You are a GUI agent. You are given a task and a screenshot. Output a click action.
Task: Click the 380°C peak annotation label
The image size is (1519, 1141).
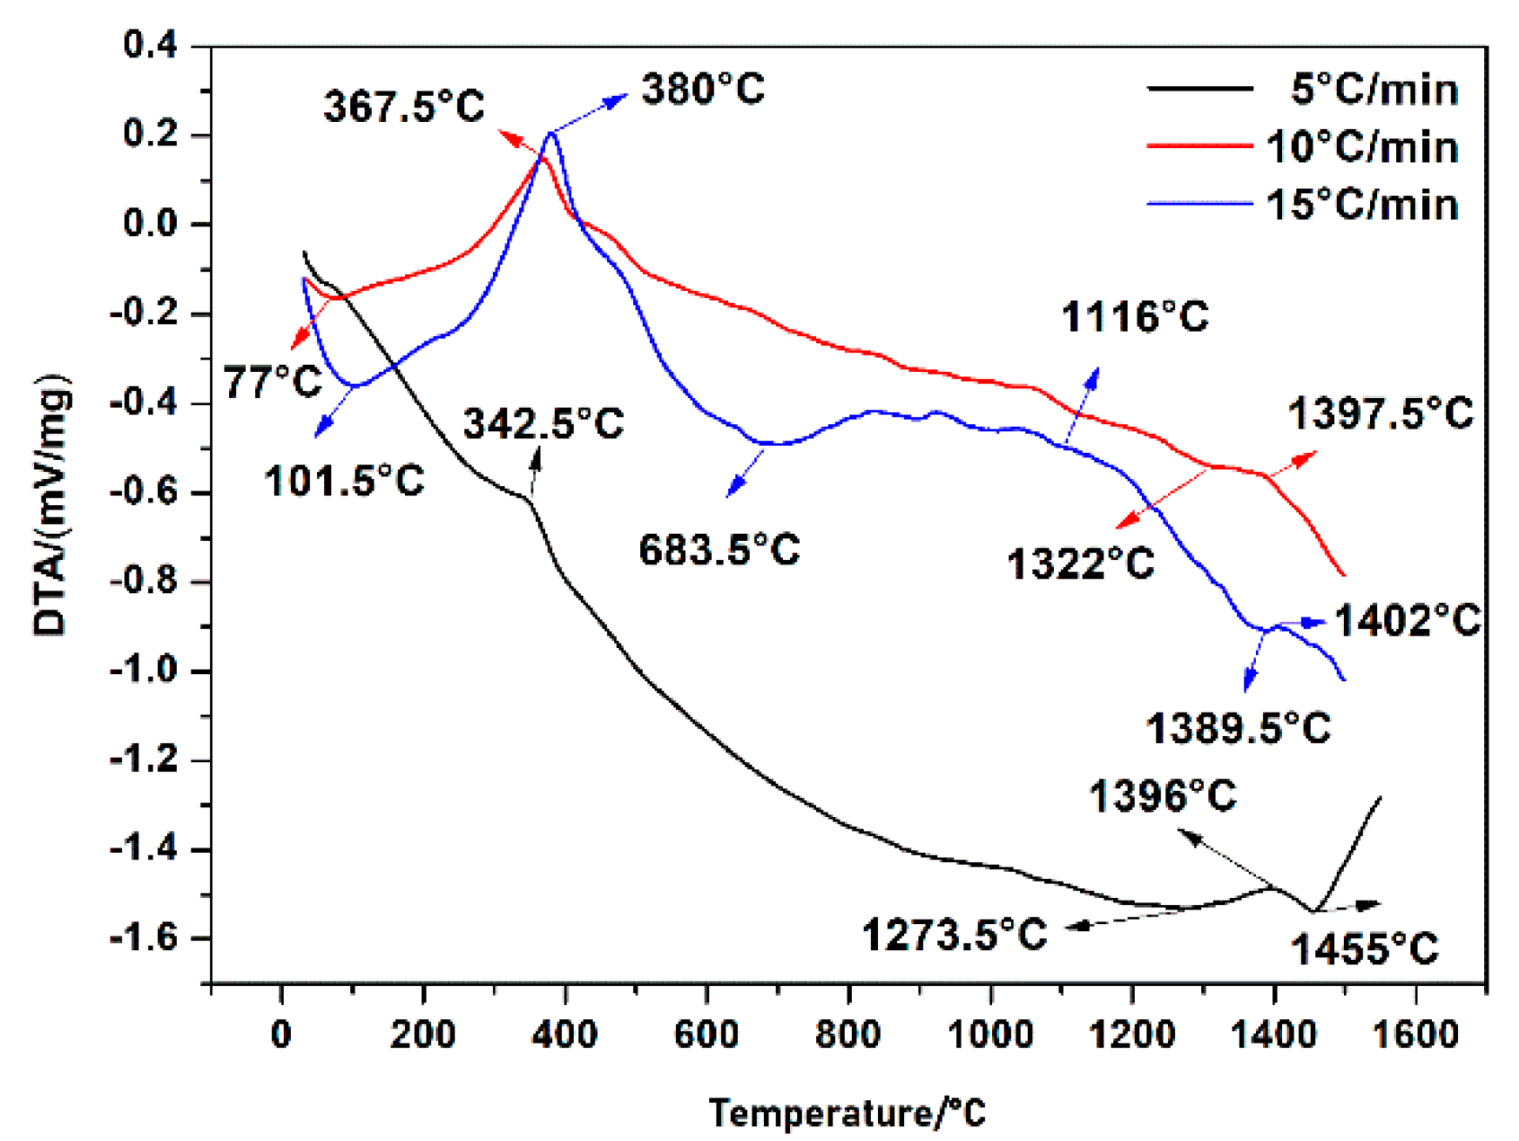pyautogui.click(x=703, y=90)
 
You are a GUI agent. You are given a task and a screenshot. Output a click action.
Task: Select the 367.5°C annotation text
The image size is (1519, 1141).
pyautogui.click(x=404, y=107)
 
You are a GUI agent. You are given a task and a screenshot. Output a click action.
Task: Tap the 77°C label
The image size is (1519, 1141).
pyautogui.click(x=273, y=382)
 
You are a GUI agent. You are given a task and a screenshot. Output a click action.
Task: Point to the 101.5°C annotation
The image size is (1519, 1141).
pyautogui.click(x=344, y=481)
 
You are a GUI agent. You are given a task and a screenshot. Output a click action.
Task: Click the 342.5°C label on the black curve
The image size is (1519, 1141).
pyautogui.click(x=543, y=424)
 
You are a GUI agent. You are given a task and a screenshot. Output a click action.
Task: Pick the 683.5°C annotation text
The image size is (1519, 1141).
pyautogui.click(x=719, y=550)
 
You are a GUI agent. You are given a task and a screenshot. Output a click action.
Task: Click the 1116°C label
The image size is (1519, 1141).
pyautogui.click(x=1135, y=317)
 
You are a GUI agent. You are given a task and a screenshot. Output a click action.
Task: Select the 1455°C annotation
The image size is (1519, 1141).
pyautogui.click(x=1364, y=949)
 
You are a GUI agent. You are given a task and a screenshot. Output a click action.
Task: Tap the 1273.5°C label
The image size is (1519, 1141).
pyautogui.click(x=955, y=935)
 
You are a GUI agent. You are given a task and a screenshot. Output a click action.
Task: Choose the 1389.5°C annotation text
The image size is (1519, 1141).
pyautogui.click(x=1239, y=728)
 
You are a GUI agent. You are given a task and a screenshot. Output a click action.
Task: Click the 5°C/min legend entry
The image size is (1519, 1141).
pyautogui.click(x=1374, y=90)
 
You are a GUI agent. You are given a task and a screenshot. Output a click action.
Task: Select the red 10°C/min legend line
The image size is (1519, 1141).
pyautogui.click(x=1200, y=146)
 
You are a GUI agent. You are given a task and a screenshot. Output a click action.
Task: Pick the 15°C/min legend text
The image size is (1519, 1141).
pyautogui.click(x=1362, y=206)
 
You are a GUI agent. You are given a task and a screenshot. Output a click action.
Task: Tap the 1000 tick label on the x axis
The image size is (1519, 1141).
pyautogui.click(x=990, y=1035)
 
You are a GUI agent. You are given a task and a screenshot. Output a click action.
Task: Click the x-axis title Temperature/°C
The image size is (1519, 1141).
pyautogui.click(x=847, y=1113)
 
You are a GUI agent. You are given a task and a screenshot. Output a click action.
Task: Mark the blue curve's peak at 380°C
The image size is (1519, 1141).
pyautogui.click(x=551, y=133)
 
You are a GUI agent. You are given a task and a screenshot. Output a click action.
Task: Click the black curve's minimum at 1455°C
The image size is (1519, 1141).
pyautogui.click(x=1313, y=911)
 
